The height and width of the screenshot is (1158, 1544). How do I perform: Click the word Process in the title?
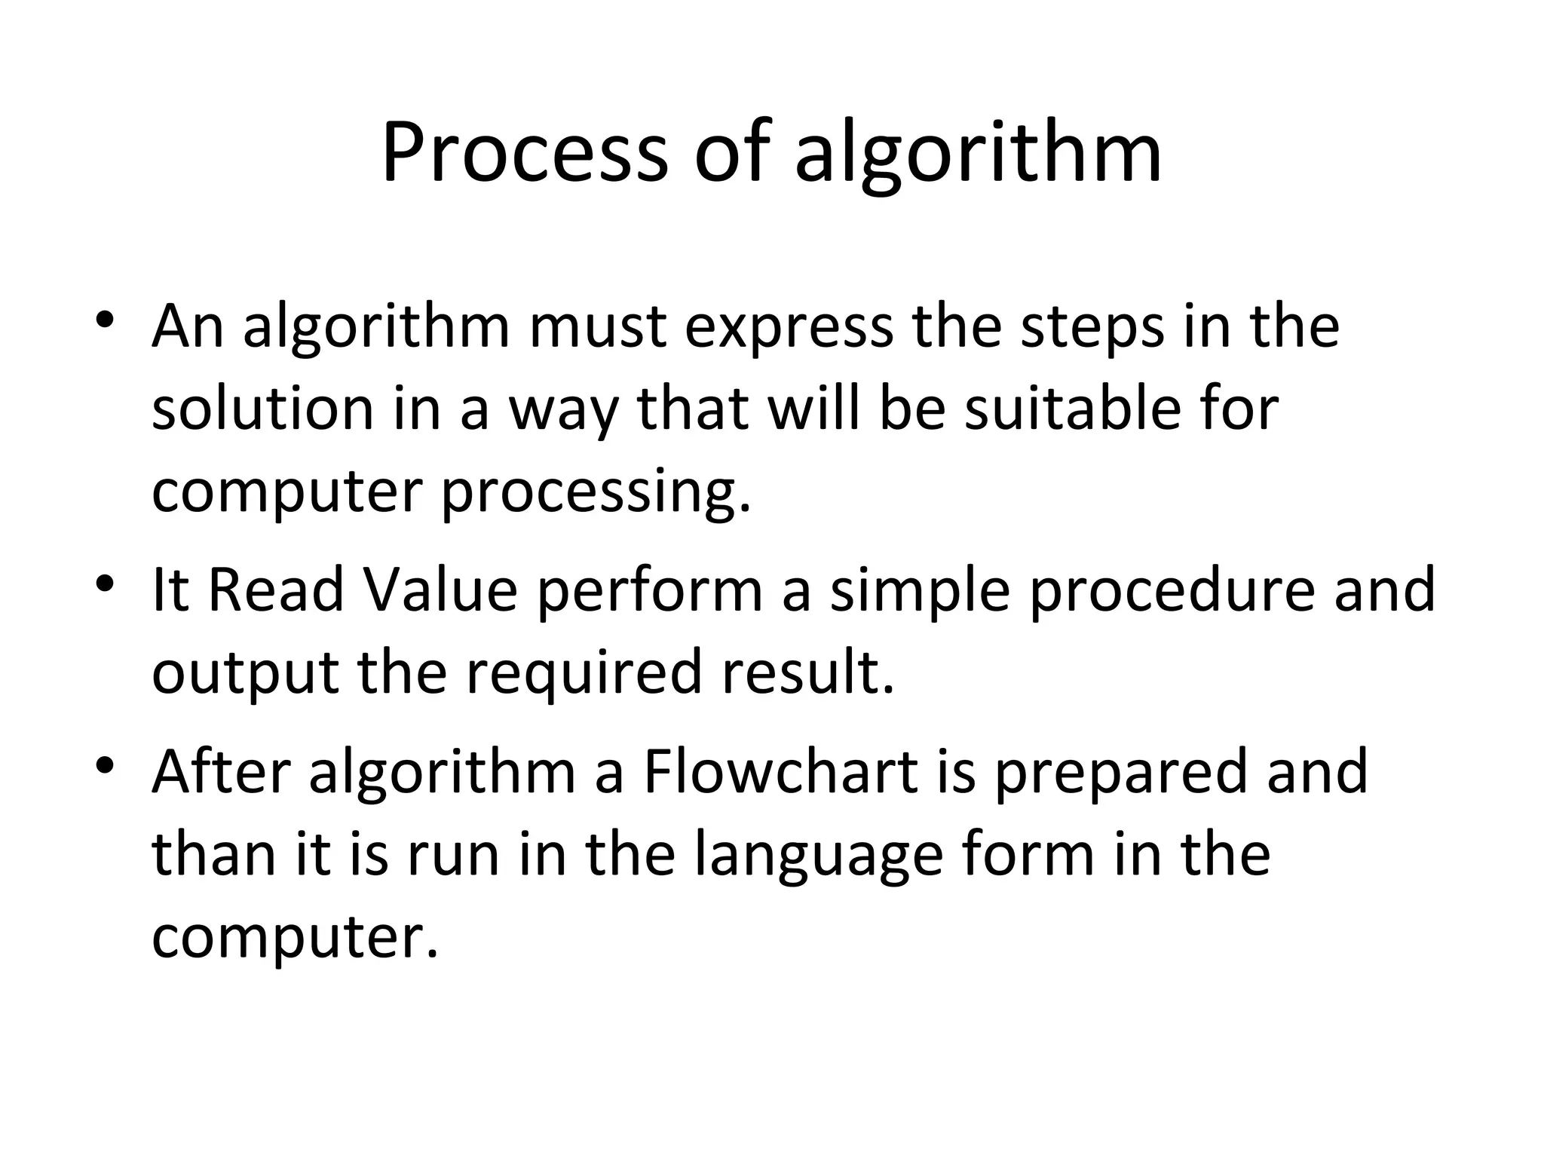coord(524,155)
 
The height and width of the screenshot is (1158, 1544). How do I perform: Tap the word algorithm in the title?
coord(978,157)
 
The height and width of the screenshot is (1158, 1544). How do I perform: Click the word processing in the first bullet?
coord(596,494)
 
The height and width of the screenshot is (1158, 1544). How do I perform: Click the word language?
coord(818,858)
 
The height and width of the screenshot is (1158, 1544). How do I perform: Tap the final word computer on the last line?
coord(294,939)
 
